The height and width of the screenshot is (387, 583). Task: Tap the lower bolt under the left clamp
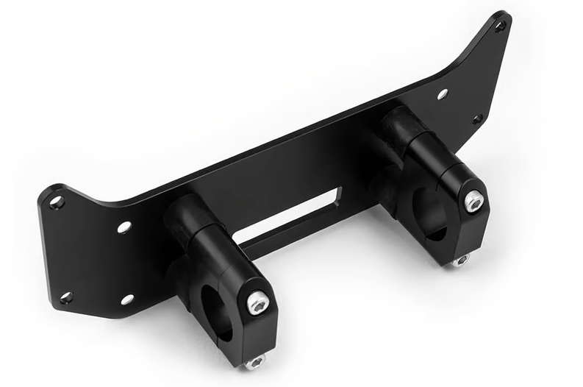(x=255, y=361)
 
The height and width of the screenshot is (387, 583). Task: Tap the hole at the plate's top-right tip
(x=499, y=26)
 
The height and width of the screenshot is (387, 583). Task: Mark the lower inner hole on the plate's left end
(x=126, y=299)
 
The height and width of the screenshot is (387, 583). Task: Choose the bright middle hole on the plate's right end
(x=443, y=95)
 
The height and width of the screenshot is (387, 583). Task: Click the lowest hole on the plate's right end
(x=476, y=118)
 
